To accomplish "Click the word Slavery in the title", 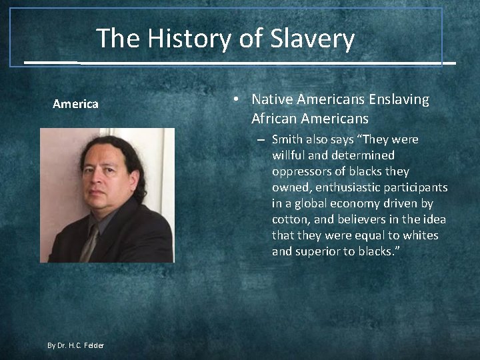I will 313,39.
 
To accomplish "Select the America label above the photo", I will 75,103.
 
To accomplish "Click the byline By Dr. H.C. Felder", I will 75,345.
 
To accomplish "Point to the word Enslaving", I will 398,99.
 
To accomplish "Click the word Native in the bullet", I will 272,99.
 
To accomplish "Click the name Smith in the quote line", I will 287,139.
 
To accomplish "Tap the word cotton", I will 289,219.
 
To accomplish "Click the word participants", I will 419,187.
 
